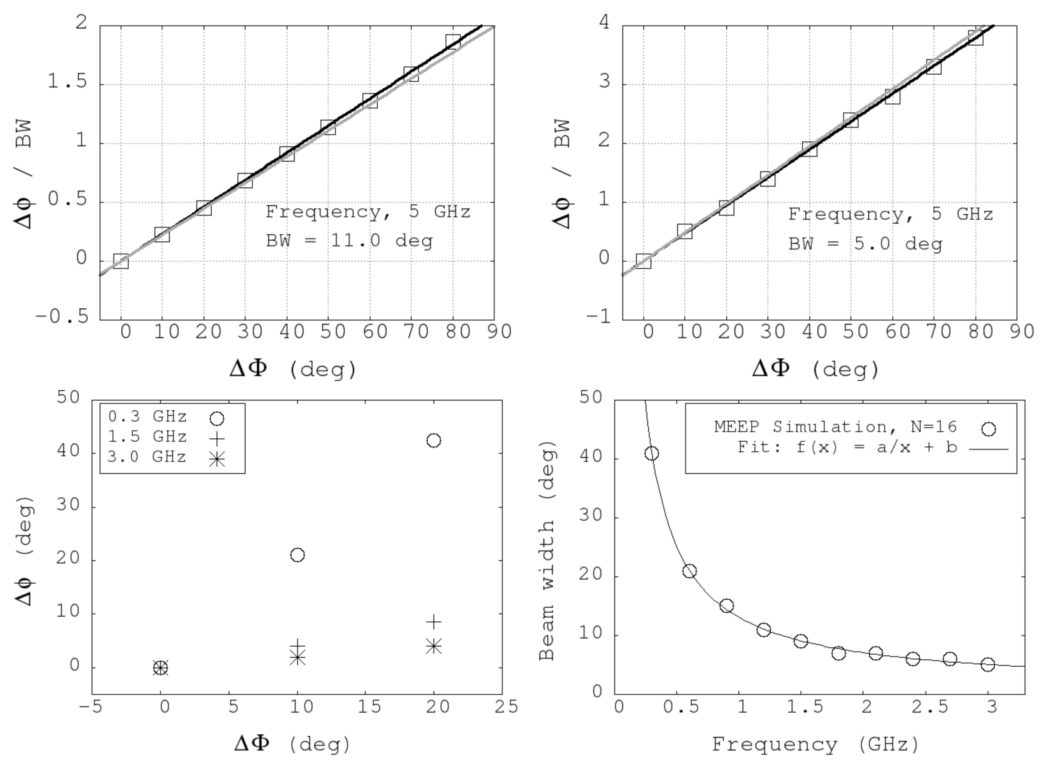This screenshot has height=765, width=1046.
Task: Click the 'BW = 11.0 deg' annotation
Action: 349,241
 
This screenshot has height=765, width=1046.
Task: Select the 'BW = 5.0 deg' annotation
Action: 865,244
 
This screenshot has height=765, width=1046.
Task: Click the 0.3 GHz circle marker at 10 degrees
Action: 297,555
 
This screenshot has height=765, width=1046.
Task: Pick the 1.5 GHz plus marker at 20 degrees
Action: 433,621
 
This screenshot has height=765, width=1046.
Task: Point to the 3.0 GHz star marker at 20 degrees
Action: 433,646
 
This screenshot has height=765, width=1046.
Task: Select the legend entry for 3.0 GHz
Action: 147,458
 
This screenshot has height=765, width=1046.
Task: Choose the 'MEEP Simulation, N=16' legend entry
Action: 835,426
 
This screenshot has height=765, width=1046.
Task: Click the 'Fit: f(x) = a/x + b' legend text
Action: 847,447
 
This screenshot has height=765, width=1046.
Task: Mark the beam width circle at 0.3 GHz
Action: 652,453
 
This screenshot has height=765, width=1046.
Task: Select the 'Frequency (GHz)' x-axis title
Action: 815,745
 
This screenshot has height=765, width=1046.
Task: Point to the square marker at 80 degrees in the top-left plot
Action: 453,42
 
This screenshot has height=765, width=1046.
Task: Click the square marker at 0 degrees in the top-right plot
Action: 643,261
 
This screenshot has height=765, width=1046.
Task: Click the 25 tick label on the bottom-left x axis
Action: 505,707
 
